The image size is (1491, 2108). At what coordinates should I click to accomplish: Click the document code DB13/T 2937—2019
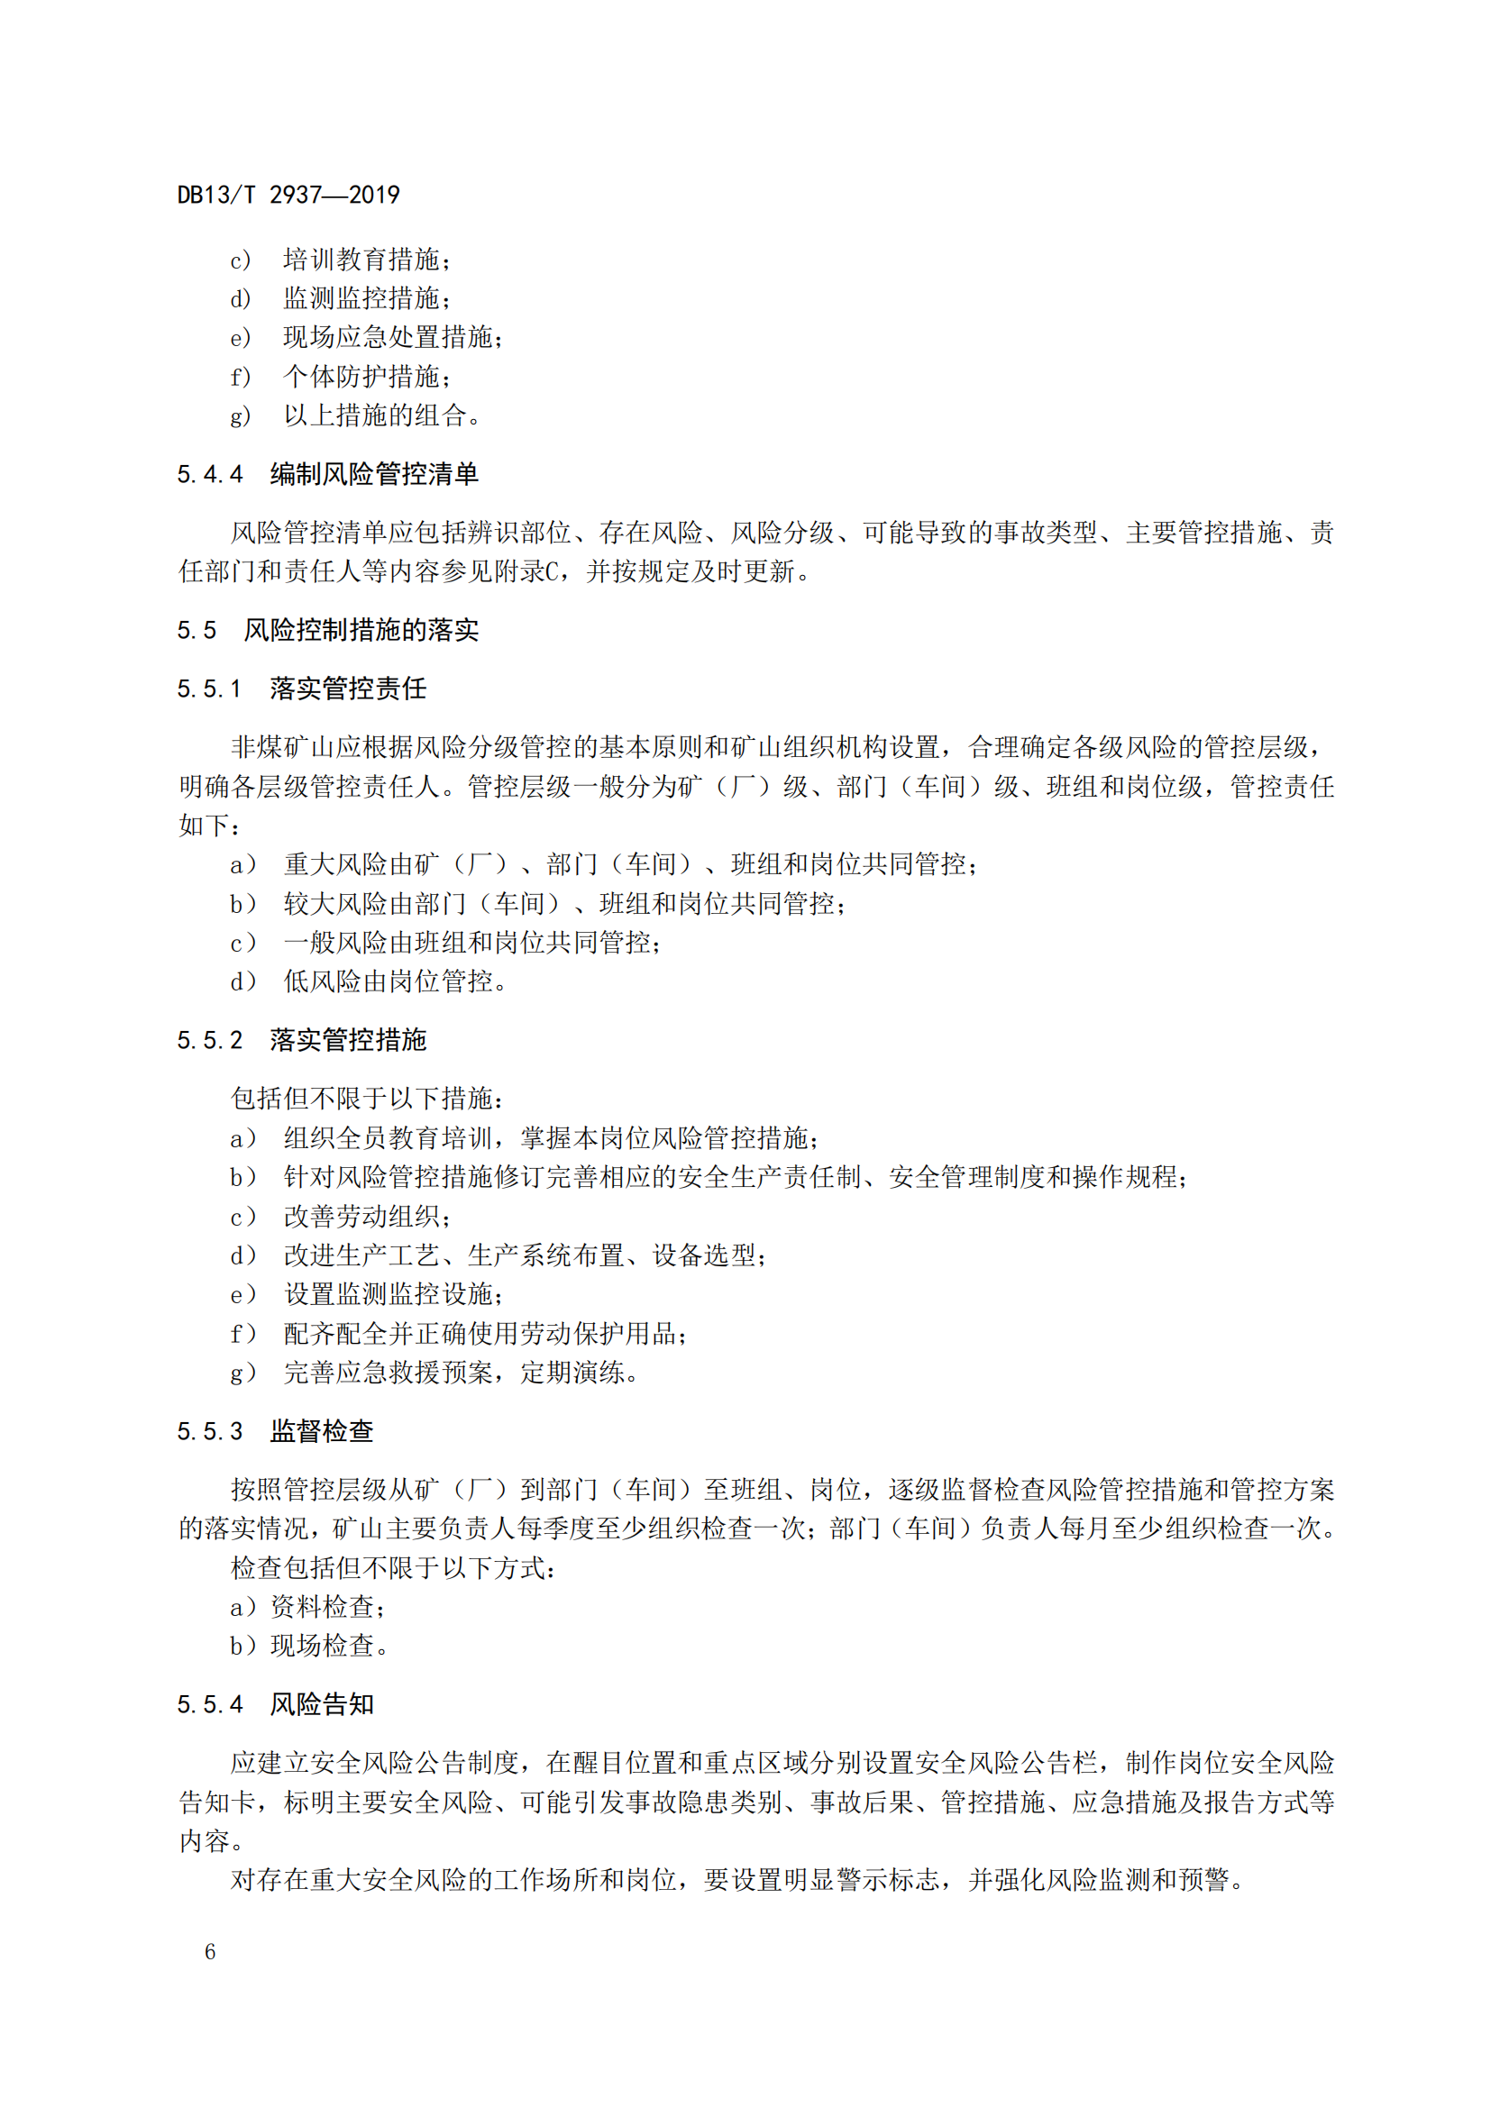pos(288,195)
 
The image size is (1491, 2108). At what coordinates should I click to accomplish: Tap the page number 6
pos(210,1951)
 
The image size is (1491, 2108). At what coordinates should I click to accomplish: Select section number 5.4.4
pos(210,475)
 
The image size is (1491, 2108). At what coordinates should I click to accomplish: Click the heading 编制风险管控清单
pos(374,475)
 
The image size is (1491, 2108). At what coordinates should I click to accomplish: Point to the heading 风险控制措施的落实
pos(361,631)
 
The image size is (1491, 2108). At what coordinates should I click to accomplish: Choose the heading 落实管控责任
pos(348,689)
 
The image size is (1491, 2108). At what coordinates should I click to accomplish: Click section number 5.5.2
pos(210,1040)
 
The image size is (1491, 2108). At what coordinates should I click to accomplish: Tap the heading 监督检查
pos(321,1431)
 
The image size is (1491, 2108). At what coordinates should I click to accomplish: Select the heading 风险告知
pos(321,1705)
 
